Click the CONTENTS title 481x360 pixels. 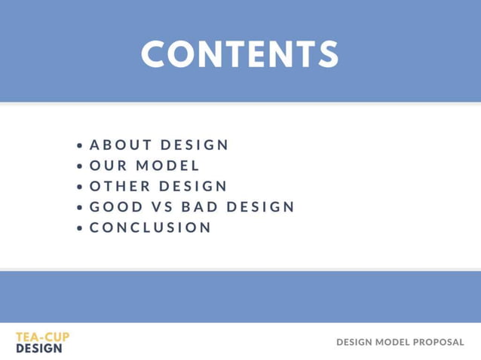pos(240,54)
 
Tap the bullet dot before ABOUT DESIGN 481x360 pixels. pos(80,145)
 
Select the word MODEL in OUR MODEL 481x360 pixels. pos(168,166)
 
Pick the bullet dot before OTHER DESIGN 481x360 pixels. pos(80,187)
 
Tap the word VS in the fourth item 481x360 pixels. pos(162,207)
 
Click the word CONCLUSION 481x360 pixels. pos(151,227)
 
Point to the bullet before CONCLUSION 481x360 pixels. pos(80,228)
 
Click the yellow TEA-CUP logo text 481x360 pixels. pos(42,337)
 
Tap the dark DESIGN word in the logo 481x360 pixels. pos(39,349)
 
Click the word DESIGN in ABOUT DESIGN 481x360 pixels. pos(195,145)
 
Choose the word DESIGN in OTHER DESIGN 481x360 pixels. pos(193,186)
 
